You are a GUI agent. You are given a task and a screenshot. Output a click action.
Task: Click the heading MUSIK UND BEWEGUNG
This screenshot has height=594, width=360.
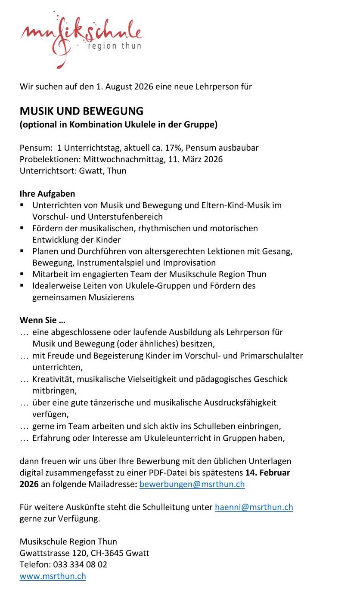point(81,111)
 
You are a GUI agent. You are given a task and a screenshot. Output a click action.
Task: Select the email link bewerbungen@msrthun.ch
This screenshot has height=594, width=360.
point(192,484)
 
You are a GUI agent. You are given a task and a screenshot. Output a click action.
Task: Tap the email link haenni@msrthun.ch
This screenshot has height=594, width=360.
point(254,507)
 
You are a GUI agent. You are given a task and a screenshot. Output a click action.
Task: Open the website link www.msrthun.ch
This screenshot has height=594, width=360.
point(53,576)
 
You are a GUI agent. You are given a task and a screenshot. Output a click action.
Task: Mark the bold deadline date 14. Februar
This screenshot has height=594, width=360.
point(267,473)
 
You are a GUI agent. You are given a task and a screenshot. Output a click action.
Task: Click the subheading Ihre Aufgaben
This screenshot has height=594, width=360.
point(47,194)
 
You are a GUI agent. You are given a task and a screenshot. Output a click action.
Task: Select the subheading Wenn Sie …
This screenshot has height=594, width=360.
point(42,321)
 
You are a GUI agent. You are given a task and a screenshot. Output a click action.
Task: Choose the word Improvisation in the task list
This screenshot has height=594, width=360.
point(189,263)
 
